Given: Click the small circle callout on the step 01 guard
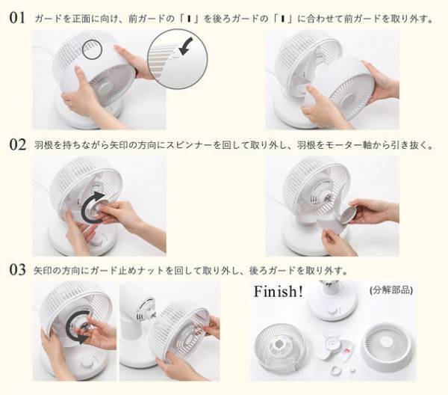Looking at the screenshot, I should (x=92, y=50).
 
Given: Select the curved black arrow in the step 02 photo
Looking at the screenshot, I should (x=93, y=206).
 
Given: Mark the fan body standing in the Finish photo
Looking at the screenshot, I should (x=329, y=303).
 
